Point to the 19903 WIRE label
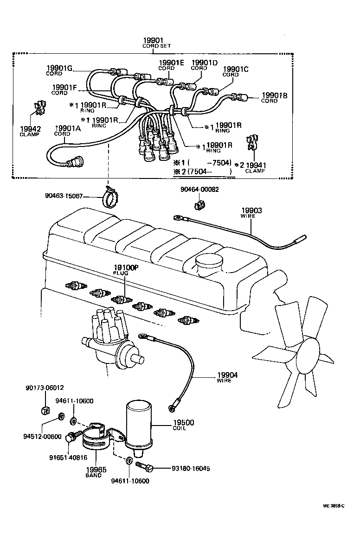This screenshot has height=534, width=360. pos(251,213)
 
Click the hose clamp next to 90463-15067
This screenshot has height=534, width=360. pos(109,198)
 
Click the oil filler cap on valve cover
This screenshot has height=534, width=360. pos(210,265)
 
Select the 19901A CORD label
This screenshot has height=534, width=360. pos(69,131)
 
